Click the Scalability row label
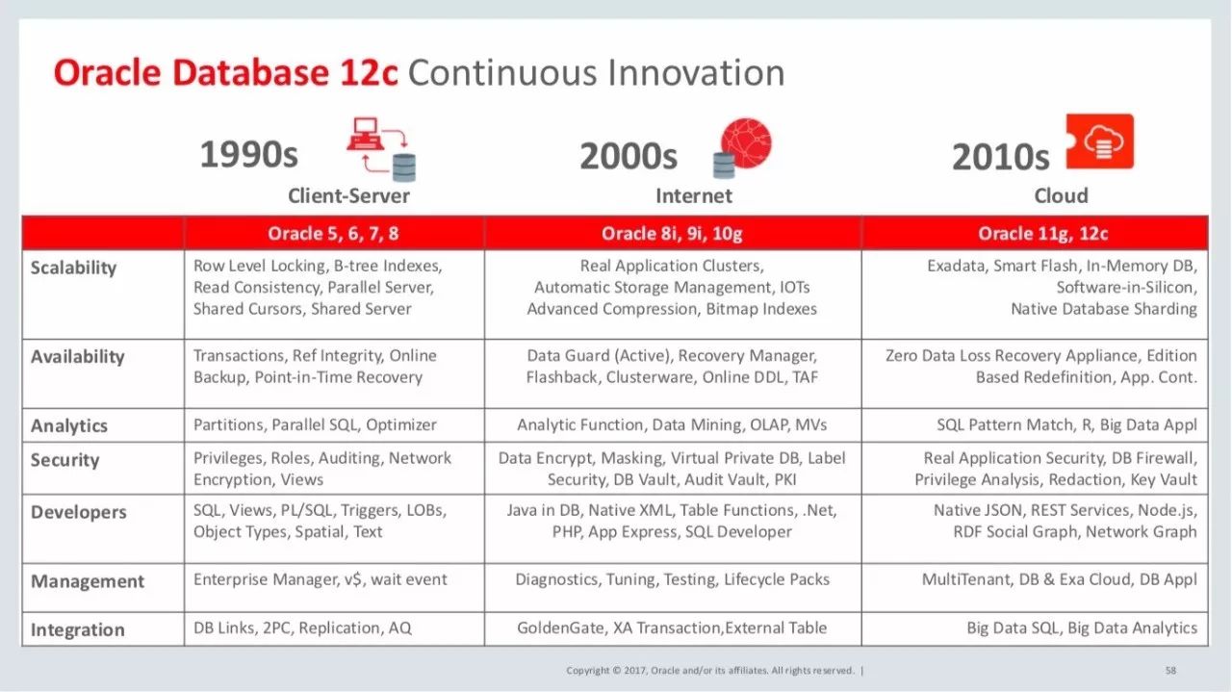pos(73,268)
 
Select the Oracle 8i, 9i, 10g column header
pos(673,234)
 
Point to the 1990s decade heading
pos(248,155)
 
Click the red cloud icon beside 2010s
pos(1100,142)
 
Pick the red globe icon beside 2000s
pos(746,144)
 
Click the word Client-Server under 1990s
pos(348,196)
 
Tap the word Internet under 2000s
pos(693,196)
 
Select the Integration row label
pos(77,630)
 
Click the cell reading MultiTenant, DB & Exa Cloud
pos(1059,579)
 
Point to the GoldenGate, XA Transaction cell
pos(672,628)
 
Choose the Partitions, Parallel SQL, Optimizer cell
pos(315,424)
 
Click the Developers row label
pos(78,512)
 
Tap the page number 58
pos(1170,670)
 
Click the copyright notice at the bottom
pos(713,670)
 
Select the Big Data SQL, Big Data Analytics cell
pos(1082,628)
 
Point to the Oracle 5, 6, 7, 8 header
pos(333,234)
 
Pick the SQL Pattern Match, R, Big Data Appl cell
pos(1066,424)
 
